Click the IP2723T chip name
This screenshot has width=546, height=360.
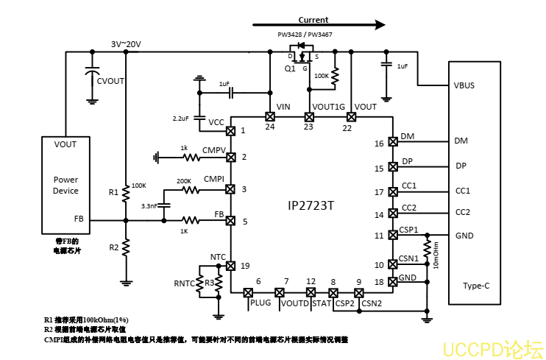[310, 205]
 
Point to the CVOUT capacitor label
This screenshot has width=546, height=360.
[111, 81]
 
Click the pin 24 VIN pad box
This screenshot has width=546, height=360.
[269, 116]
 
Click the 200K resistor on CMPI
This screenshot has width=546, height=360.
[191, 190]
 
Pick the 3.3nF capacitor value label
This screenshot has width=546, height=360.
[149, 207]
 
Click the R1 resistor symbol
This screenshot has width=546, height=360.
[126, 192]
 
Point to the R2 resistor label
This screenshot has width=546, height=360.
[113, 247]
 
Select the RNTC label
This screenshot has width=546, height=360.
[184, 283]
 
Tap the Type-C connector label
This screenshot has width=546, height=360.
[476, 286]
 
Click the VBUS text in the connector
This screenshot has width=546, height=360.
[464, 85]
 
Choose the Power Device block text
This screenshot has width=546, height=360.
[65, 185]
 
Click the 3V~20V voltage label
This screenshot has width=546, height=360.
[126, 45]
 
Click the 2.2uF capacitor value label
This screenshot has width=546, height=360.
[180, 119]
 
